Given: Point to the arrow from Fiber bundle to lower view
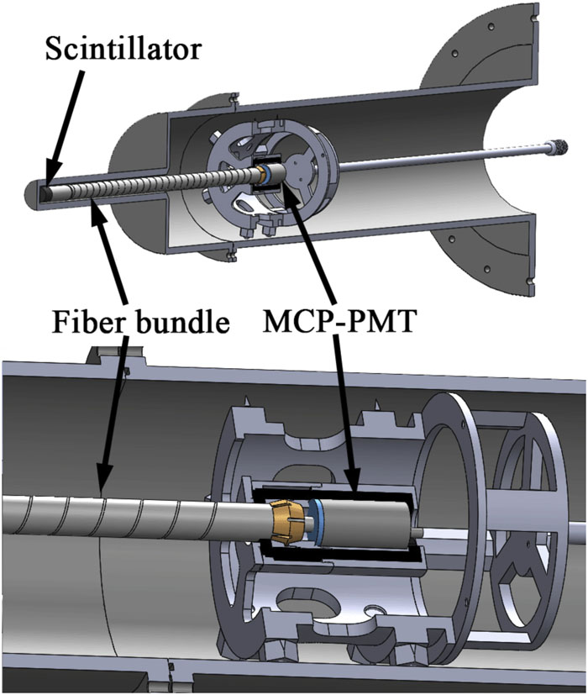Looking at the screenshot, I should tap(116, 403).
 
